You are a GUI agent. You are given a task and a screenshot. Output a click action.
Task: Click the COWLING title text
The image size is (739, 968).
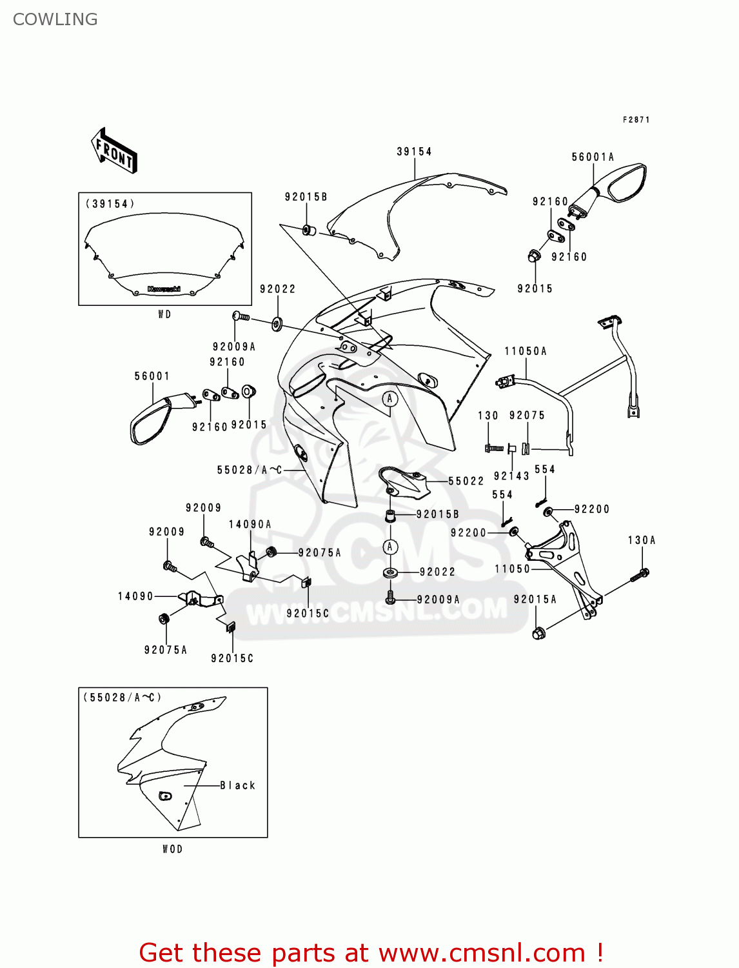(55, 19)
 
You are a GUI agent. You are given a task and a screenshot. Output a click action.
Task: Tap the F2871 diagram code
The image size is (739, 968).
(636, 119)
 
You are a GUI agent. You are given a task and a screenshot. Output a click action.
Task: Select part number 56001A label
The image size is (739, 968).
(593, 157)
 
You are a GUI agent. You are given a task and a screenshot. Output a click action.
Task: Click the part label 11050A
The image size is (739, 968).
(526, 351)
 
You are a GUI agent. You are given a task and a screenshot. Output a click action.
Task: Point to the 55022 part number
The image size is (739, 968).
(466, 481)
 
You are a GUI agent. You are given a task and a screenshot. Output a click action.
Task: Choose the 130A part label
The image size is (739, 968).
(642, 540)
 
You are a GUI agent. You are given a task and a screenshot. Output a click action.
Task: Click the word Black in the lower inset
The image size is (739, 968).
(238, 785)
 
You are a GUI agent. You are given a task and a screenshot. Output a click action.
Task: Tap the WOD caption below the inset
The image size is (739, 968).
(172, 849)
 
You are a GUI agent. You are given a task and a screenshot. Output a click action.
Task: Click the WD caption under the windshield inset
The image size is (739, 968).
(164, 314)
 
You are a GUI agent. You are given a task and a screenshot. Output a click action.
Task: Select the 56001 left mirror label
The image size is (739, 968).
(152, 376)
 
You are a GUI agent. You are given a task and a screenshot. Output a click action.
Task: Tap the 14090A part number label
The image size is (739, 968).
(250, 525)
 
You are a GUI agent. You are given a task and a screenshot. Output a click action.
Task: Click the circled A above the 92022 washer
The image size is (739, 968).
(389, 547)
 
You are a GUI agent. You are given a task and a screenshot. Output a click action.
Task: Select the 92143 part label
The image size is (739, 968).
(511, 476)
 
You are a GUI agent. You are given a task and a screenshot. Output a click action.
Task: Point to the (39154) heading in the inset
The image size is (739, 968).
(110, 204)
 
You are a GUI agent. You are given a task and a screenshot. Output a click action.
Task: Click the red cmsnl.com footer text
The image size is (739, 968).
(371, 953)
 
